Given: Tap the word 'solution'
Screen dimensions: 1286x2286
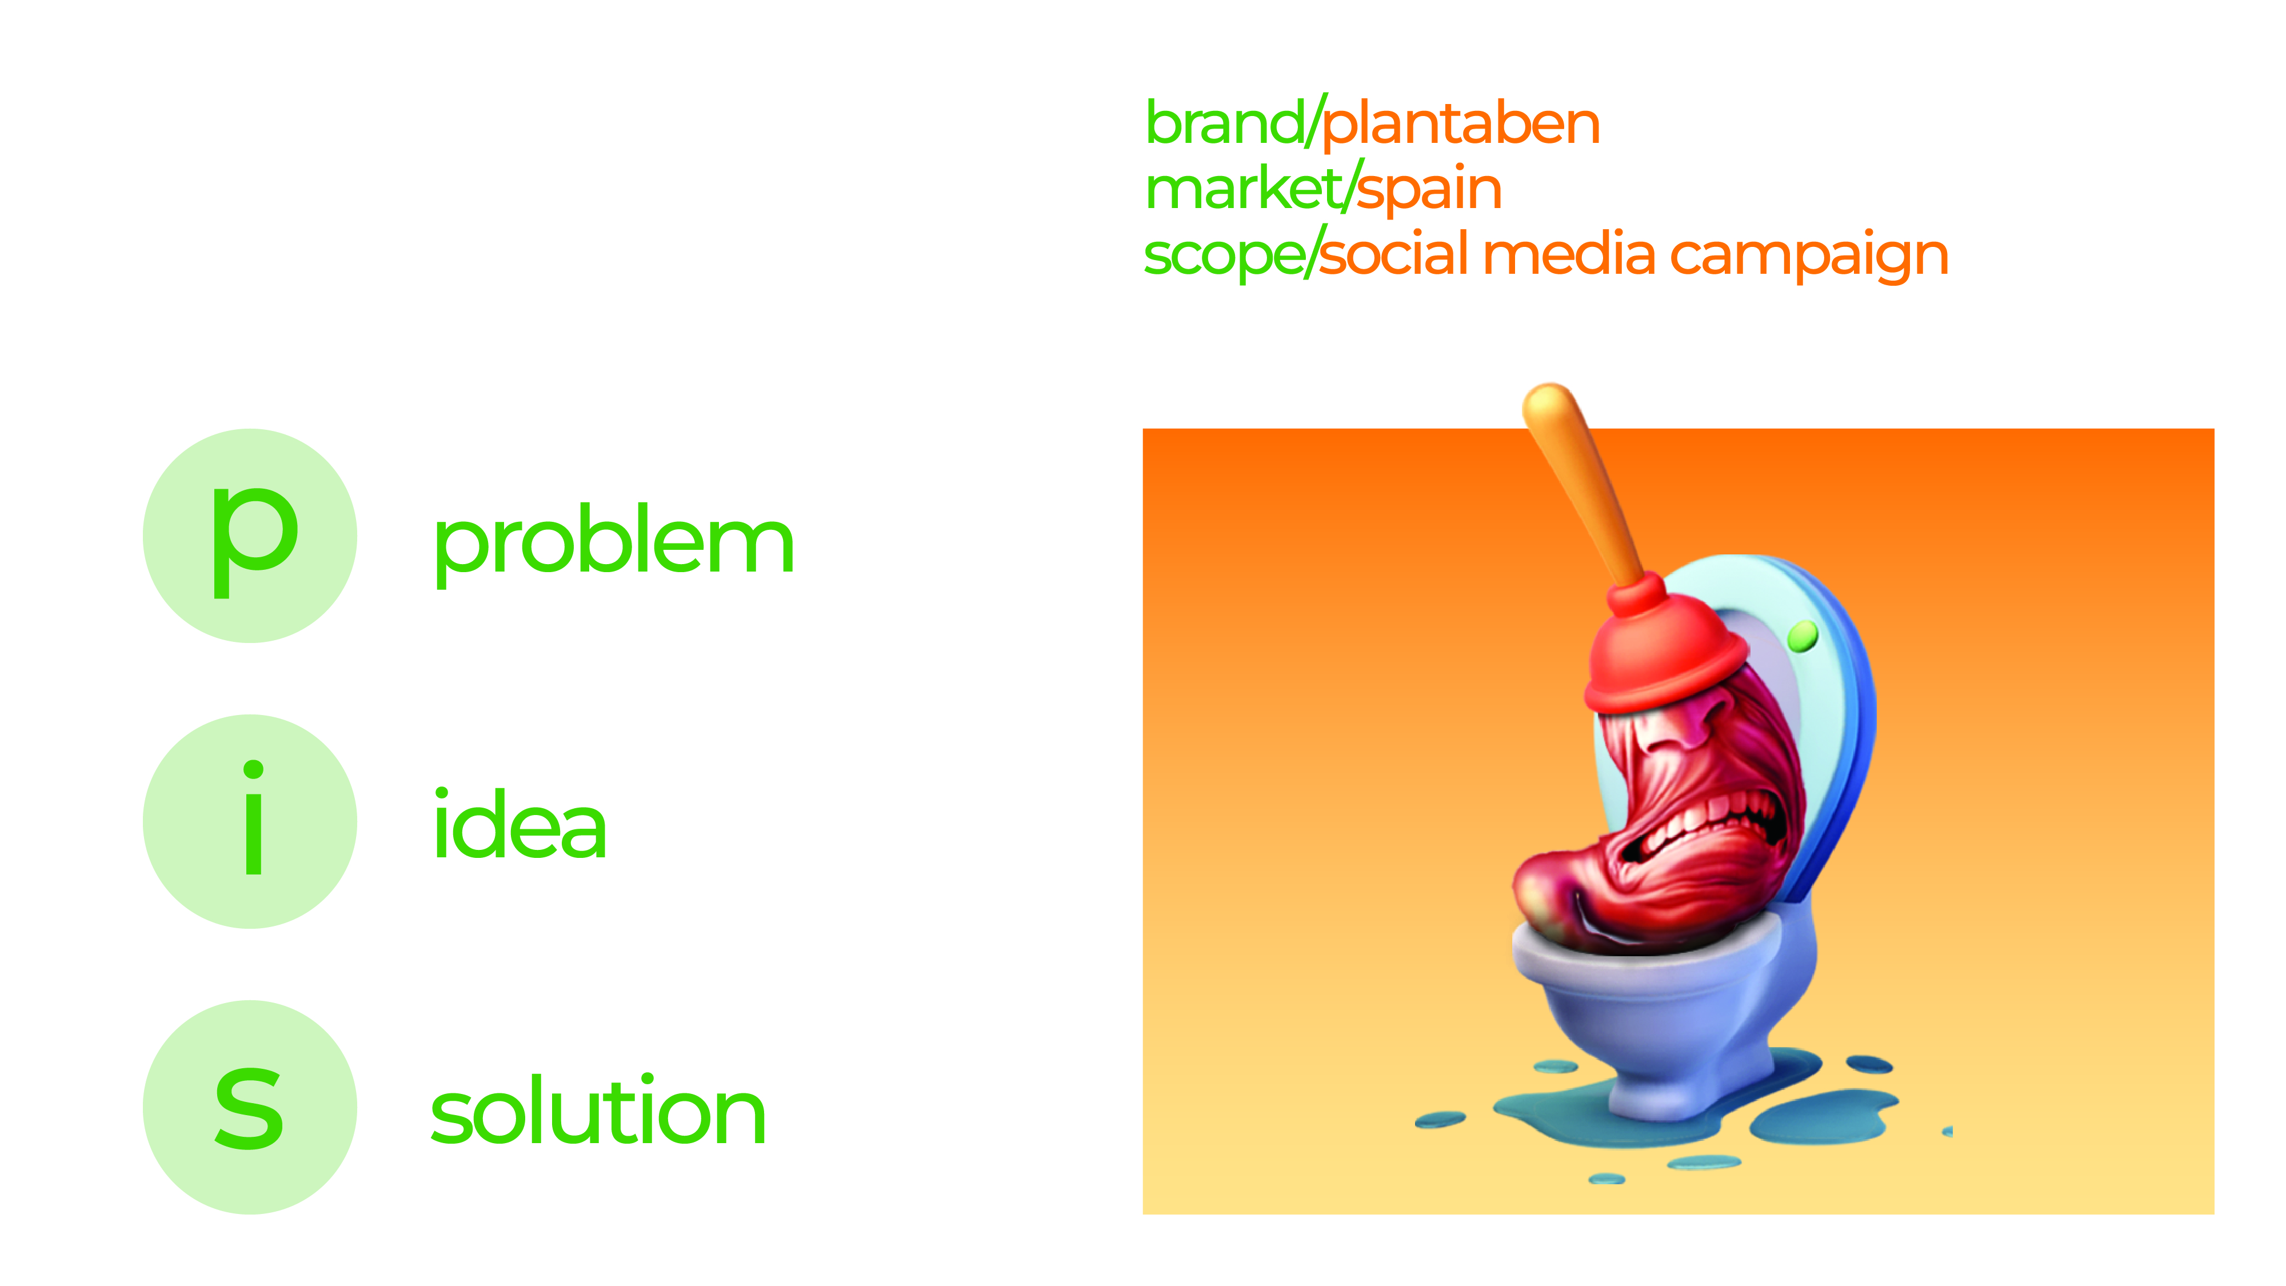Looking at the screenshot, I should [x=597, y=1111].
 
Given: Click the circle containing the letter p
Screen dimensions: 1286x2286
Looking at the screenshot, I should [x=250, y=536].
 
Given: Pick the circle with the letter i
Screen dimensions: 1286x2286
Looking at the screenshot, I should [x=250, y=822].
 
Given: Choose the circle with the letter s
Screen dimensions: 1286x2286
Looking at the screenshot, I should [x=250, y=1108].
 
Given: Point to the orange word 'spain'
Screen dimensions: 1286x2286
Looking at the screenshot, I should [x=1429, y=190].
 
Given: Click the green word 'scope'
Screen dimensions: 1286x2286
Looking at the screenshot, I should [x=1223, y=255].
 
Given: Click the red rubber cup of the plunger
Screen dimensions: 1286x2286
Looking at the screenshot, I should [x=1660, y=652].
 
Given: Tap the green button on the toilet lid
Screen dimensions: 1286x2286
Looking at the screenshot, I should [x=1803, y=636].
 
